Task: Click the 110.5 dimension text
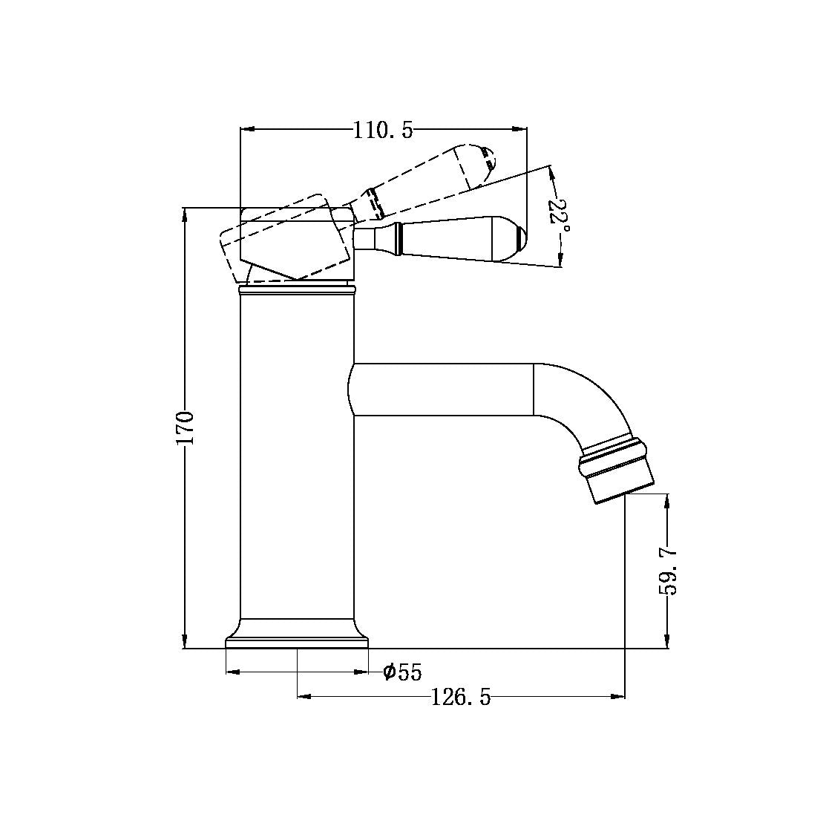tap(382, 131)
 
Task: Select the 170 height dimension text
tap(185, 427)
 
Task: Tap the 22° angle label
tap(560, 215)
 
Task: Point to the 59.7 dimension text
tap(669, 571)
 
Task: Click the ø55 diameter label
tap(402, 672)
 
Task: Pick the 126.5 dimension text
tap(461, 698)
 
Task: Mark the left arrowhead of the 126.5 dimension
tap(303, 697)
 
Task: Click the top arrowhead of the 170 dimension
tap(185, 213)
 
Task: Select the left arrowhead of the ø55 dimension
tap(231, 672)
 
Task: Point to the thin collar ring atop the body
tap(297, 288)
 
